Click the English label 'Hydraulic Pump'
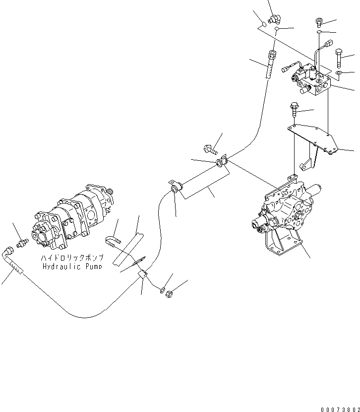[x=73, y=267]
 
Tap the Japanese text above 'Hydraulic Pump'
[x=73, y=259]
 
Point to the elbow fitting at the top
[x=274, y=19]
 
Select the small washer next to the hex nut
[x=162, y=289]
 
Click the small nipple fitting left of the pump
[x=21, y=243]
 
